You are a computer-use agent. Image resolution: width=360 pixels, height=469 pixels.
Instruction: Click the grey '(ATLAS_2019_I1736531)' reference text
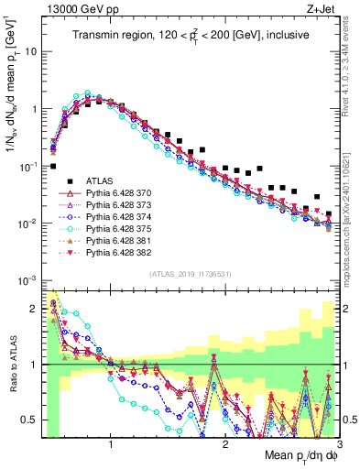point(189,273)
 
